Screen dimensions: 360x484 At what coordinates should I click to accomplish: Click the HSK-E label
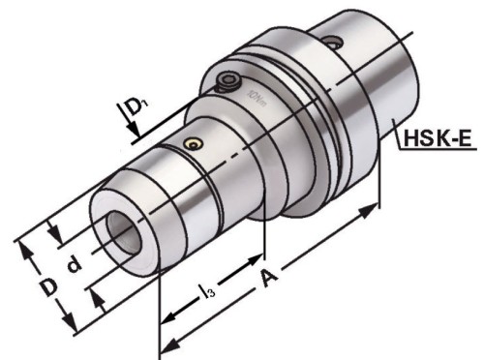pos(439,139)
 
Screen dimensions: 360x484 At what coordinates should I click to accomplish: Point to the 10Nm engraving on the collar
pos(256,98)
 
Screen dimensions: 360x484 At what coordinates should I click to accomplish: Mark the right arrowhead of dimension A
pos(375,208)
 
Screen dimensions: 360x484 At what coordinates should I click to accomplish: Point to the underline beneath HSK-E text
pos(441,152)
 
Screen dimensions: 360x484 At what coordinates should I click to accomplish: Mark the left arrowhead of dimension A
pos(166,345)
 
